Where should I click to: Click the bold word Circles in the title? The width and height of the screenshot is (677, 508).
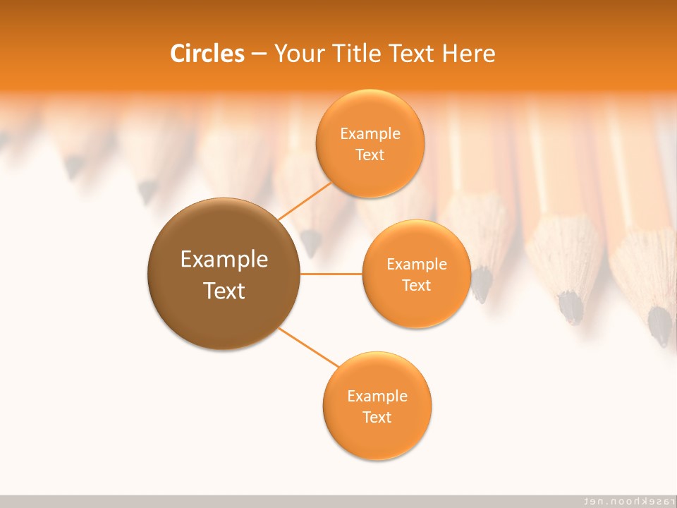[x=207, y=54]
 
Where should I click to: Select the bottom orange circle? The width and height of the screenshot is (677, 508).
[x=377, y=441]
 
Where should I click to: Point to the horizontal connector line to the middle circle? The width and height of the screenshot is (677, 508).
[x=331, y=273]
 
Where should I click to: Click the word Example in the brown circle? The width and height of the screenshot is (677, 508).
[x=224, y=260]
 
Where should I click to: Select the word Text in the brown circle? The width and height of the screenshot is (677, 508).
[x=224, y=291]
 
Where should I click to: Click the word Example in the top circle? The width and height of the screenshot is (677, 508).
[x=370, y=133]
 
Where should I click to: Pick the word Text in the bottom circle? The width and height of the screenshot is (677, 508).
[x=377, y=417]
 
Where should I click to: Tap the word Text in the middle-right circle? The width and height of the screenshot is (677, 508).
[x=416, y=285]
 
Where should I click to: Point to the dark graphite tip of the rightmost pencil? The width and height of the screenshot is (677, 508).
[x=661, y=327]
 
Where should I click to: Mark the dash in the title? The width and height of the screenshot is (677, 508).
[x=259, y=54]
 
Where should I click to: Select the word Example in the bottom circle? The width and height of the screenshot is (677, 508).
[x=377, y=396]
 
